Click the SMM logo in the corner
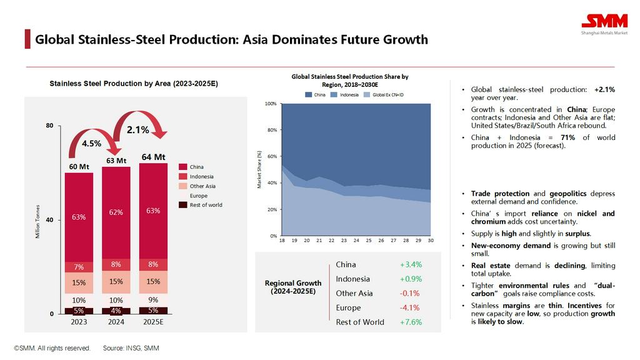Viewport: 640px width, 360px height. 604,21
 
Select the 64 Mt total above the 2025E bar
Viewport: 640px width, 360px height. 153,157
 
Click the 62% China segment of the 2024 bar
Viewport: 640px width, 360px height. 116,212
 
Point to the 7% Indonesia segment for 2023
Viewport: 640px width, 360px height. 79,267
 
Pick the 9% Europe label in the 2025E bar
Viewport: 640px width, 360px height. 153,300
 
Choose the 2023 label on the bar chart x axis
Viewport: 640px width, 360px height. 79,322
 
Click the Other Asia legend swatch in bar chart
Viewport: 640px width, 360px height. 182,186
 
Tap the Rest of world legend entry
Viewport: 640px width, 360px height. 206,205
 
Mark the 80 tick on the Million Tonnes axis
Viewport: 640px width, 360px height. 49,126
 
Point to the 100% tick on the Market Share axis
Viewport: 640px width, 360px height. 270,104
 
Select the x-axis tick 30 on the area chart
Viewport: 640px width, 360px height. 431,241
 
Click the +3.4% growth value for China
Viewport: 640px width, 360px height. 411,265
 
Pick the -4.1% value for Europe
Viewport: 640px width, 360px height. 410,308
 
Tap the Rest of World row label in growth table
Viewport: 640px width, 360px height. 360,322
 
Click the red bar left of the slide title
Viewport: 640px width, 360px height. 27,39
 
